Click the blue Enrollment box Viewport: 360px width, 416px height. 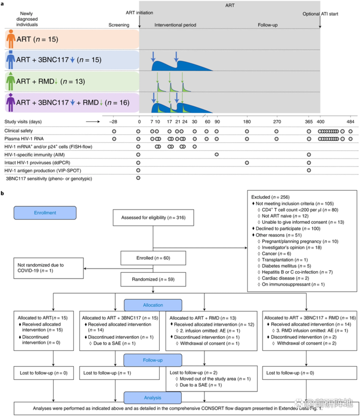pos(45,212)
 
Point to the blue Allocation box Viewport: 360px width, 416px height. pos(153,305)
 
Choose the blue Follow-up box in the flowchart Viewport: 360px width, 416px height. pos(153,360)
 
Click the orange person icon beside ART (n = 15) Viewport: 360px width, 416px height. pos(11,39)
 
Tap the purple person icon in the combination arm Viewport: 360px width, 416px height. pos(11,103)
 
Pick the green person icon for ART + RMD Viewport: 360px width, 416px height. pos(11,81)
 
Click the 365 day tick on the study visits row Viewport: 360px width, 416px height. pos(309,122)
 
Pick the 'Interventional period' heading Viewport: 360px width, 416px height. pos(175,25)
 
